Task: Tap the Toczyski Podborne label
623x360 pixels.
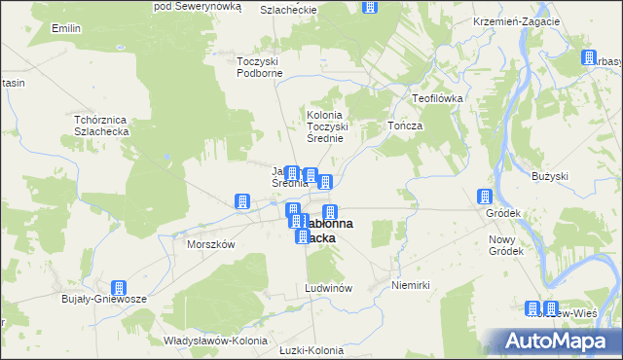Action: pos(259,67)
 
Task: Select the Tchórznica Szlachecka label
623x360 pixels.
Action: pos(109,126)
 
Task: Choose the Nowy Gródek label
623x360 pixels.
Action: pos(506,245)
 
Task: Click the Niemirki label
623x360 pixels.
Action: pos(410,285)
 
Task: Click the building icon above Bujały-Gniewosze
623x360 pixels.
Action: pos(119,288)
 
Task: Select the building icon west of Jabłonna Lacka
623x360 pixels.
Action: pos(241,201)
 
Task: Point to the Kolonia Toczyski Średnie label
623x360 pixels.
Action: pos(335,126)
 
